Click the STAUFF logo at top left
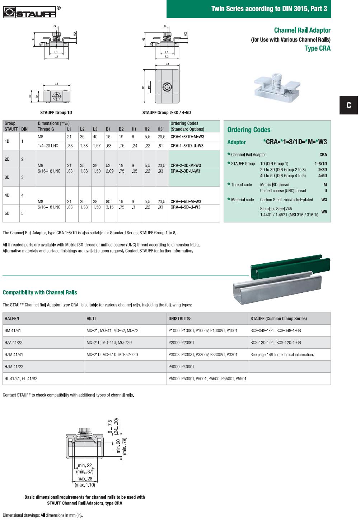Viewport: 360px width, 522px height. click(x=29, y=12)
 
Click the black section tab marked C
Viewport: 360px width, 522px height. click(x=349, y=105)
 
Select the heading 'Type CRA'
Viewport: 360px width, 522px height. click(x=317, y=48)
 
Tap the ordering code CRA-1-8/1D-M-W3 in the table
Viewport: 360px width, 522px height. click(x=187, y=137)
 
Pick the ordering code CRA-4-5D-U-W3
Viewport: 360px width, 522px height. click(x=185, y=207)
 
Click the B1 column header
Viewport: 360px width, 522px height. click(x=108, y=129)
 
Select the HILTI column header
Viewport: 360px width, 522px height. click(x=91, y=319)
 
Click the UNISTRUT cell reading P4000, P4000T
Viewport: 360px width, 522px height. click(x=181, y=367)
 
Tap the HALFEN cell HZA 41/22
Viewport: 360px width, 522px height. click(x=13, y=343)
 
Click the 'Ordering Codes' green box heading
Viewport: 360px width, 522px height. click(x=249, y=130)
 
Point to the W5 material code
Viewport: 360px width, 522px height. click(x=324, y=212)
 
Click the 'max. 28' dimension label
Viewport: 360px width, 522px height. click(x=85, y=479)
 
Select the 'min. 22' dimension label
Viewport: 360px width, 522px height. click(x=85, y=466)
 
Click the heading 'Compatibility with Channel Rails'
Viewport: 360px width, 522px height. click(x=40, y=292)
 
